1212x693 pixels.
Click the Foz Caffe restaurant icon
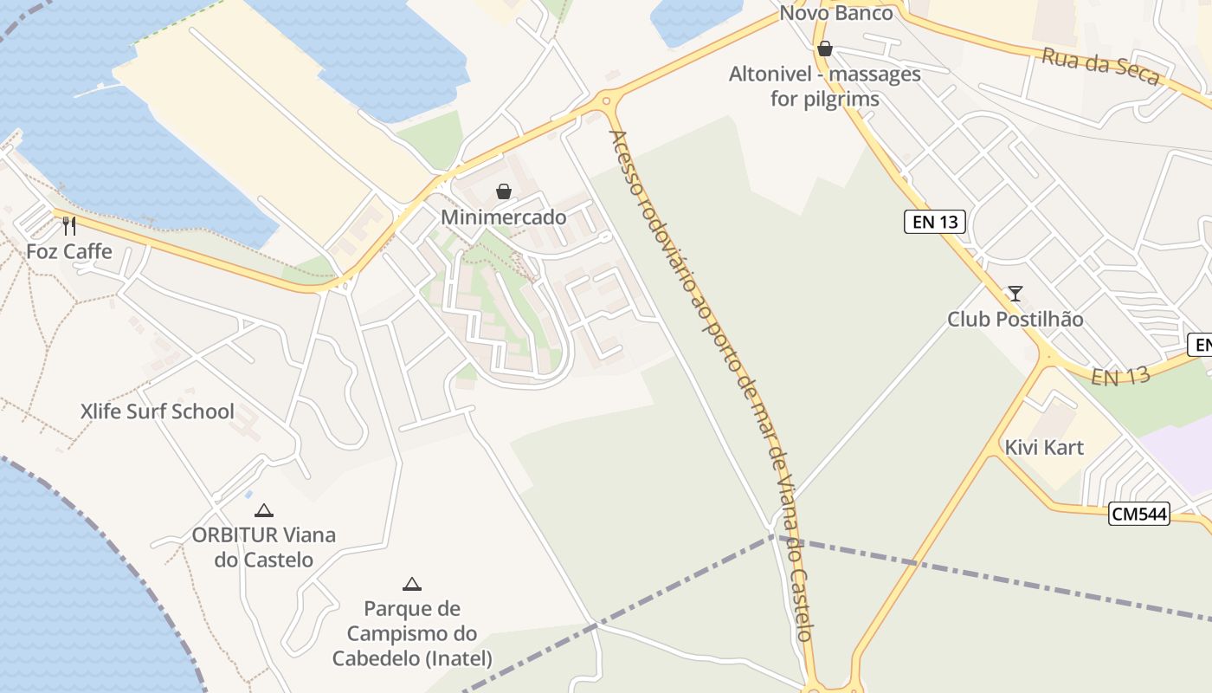coord(69,226)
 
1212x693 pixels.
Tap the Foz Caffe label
coord(69,252)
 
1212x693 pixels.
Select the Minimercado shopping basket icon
coord(503,191)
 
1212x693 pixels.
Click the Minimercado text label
coord(504,217)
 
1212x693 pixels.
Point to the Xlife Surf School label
coord(158,411)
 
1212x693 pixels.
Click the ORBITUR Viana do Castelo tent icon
coord(264,510)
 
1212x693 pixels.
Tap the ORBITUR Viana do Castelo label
coord(264,547)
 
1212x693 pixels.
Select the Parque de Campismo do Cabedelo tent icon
coord(412,584)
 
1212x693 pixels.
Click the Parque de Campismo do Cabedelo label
coord(412,634)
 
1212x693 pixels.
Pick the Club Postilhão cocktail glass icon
coord(1015,294)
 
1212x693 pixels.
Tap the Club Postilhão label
coord(1015,320)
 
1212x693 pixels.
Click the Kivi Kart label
coord(1044,448)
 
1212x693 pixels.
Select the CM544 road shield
coord(1139,515)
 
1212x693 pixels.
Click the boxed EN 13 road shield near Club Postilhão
coord(935,222)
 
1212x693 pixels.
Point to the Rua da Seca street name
coord(1100,68)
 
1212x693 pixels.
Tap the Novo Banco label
coord(836,13)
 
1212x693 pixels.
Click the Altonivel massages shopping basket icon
coord(825,49)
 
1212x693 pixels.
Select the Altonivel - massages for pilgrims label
coord(825,87)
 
